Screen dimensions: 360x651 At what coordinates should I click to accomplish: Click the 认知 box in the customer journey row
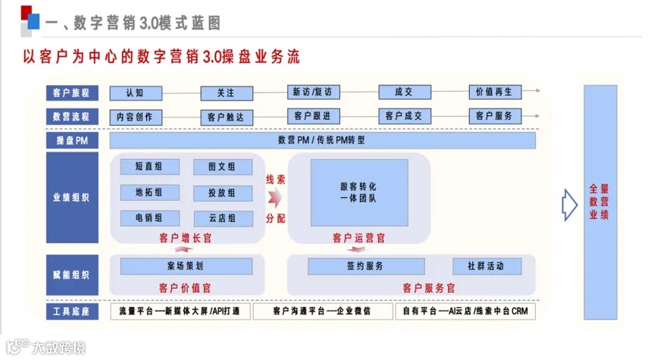pyautogui.click(x=136, y=92)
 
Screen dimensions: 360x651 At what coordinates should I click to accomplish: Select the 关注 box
pyautogui.click(x=226, y=93)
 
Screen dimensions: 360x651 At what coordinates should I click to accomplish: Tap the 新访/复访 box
pyautogui.click(x=311, y=92)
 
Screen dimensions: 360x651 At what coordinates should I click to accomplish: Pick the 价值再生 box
pyautogui.click(x=494, y=92)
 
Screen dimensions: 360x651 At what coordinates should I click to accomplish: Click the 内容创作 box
pyautogui.click(x=136, y=117)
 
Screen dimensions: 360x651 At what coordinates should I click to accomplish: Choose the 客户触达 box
pyautogui.click(x=226, y=117)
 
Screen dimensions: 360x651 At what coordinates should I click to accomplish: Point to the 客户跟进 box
pyautogui.click(x=311, y=116)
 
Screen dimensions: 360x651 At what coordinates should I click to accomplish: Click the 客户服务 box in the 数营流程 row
pyautogui.click(x=494, y=116)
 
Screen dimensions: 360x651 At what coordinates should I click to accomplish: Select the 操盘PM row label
pyautogui.click(x=72, y=140)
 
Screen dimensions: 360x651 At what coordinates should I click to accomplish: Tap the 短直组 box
pyautogui.click(x=149, y=167)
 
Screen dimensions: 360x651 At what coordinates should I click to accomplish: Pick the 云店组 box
pyautogui.click(x=224, y=218)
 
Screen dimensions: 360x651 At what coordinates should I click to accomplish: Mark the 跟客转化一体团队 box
pyautogui.click(x=358, y=192)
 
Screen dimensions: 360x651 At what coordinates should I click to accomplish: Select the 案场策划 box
pyautogui.click(x=186, y=266)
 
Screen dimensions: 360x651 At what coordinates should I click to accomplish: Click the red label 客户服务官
pyautogui.click(x=428, y=288)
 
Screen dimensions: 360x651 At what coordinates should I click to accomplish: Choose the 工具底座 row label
pyautogui.click(x=72, y=311)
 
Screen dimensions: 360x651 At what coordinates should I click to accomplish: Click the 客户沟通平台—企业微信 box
pyautogui.click(x=321, y=311)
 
